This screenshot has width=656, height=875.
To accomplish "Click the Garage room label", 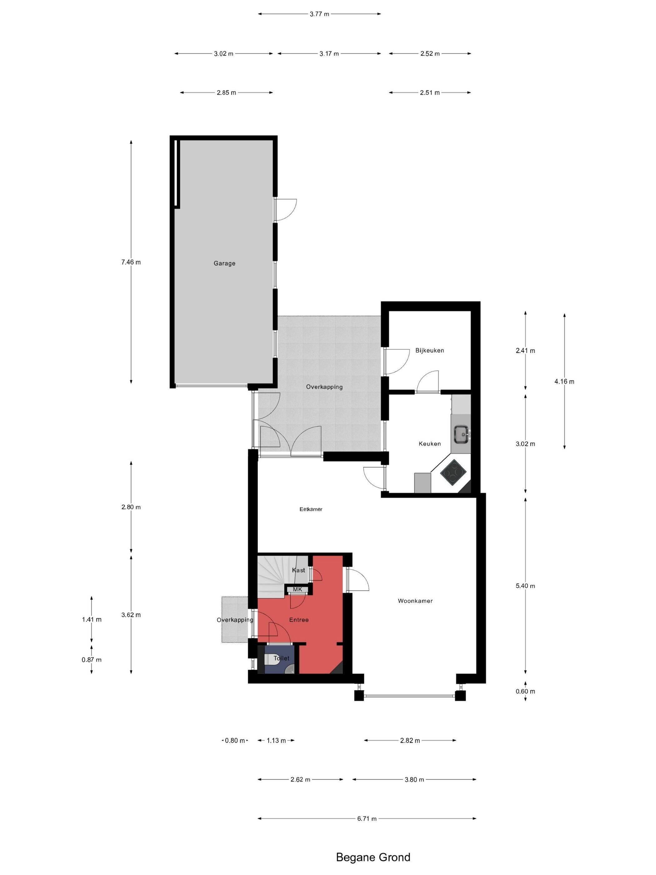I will click(224, 263).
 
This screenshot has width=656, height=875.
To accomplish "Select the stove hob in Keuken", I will click(454, 472).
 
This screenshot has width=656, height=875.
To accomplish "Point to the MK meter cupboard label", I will click(297, 589).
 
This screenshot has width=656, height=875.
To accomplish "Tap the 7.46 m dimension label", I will click(131, 262).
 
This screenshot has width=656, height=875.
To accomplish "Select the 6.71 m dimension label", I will click(366, 818).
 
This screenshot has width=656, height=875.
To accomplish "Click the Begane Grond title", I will click(373, 857).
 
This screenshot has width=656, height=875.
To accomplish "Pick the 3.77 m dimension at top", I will click(319, 14).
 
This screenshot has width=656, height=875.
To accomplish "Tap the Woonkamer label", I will click(415, 601).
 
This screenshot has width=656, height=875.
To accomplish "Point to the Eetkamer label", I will click(311, 509).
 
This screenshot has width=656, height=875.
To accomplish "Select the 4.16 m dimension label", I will click(564, 381).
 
